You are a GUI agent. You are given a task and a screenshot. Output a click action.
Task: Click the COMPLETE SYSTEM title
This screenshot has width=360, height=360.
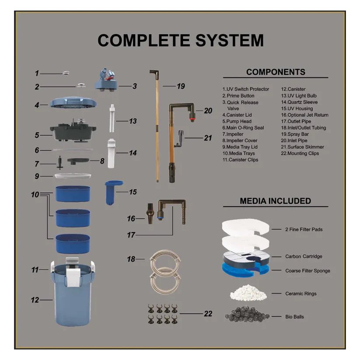[180, 40]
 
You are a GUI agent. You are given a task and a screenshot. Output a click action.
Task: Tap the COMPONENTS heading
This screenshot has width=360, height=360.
[276, 72]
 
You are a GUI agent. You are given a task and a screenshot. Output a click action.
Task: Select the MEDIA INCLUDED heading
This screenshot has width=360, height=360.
[275, 201]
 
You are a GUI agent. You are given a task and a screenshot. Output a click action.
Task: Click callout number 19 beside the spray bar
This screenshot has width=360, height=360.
[181, 86]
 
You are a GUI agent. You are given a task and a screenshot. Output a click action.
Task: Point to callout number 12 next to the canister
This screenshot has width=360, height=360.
[35, 300]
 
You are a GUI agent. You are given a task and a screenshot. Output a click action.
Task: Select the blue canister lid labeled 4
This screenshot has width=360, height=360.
[73, 103]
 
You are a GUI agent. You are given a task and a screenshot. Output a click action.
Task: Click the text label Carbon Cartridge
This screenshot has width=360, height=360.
[304, 257]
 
